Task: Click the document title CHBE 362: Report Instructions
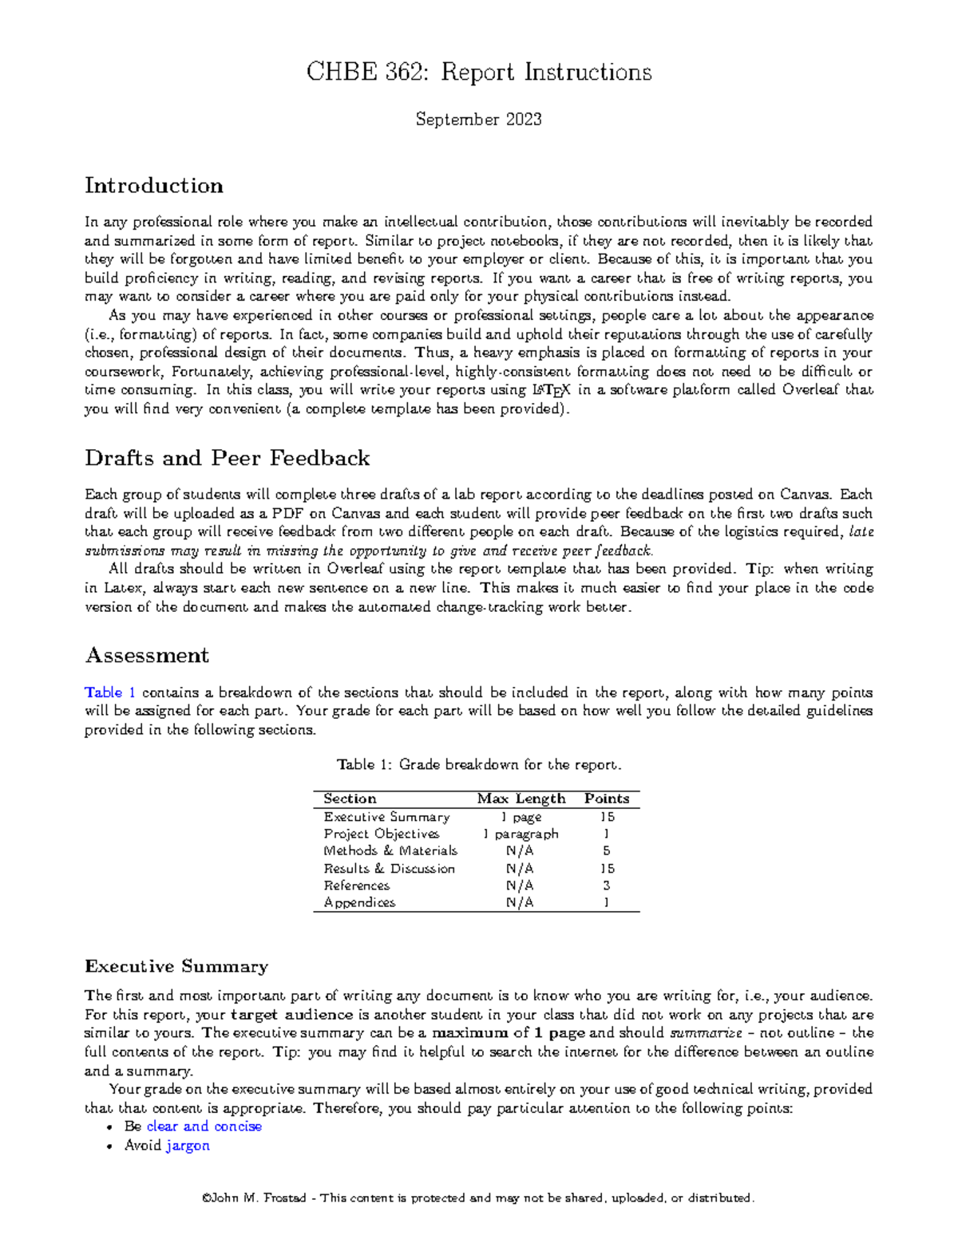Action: coord(479,73)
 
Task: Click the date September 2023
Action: coord(479,120)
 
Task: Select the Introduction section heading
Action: coord(154,186)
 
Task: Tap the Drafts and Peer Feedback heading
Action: coord(228,458)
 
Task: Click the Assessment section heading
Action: coord(147,656)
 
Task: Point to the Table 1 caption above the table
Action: coord(479,764)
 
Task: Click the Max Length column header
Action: coord(521,799)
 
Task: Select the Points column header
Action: coord(607,799)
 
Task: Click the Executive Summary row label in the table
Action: coord(386,817)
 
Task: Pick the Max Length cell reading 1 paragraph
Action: coord(521,834)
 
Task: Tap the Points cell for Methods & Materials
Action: coord(607,851)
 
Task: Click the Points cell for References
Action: coord(607,886)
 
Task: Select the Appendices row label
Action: coord(359,902)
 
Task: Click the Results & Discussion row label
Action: coord(389,868)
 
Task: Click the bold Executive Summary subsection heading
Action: coord(176,967)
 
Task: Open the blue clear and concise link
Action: coord(204,1127)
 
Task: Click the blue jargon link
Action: coord(188,1146)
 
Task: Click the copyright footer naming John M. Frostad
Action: coord(479,1198)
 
